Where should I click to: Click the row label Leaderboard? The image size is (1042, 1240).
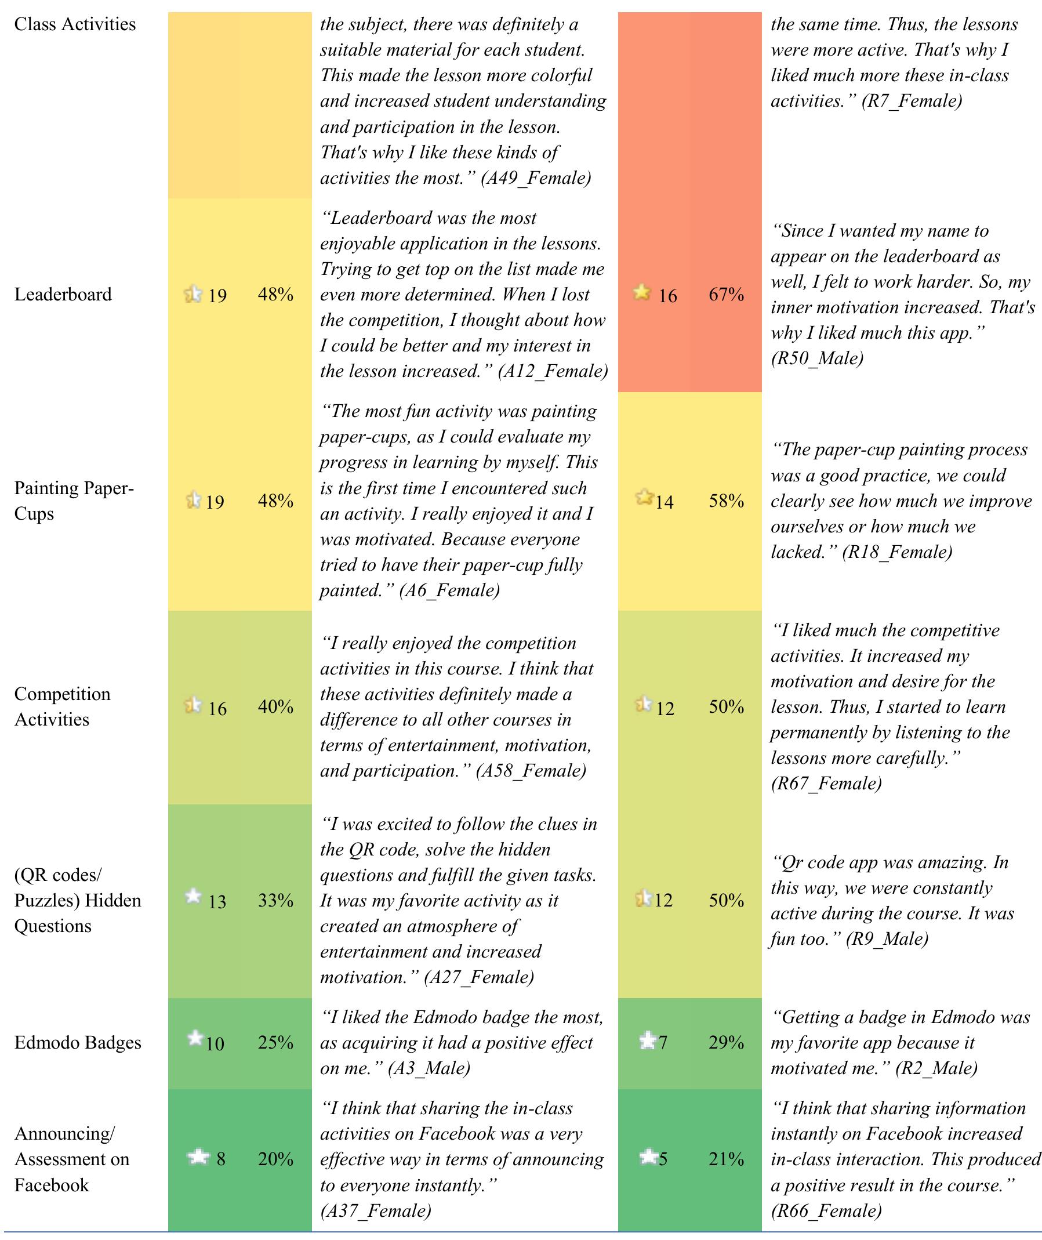point(63,294)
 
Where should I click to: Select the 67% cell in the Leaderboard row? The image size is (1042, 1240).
point(726,294)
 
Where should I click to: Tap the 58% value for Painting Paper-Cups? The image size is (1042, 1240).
point(726,501)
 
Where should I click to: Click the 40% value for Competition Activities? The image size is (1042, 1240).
point(275,706)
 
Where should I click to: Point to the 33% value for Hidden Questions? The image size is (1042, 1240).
point(275,900)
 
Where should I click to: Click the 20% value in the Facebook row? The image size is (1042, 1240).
point(275,1159)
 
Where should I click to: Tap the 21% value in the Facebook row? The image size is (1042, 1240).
point(726,1159)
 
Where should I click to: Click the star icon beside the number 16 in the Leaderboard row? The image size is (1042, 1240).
point(642,292)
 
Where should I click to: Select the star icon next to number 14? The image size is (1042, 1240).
point(644,498)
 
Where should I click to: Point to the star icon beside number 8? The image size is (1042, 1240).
point(198,1156)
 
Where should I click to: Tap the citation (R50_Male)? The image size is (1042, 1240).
point(817,358)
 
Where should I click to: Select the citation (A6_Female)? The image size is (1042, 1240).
point(449,590)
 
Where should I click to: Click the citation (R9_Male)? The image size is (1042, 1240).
point(887,940)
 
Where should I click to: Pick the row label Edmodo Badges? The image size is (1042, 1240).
point(77,1043)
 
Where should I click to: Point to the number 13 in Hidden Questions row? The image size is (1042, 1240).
point(217,902)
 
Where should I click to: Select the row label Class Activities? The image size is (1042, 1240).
point(74,24)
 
